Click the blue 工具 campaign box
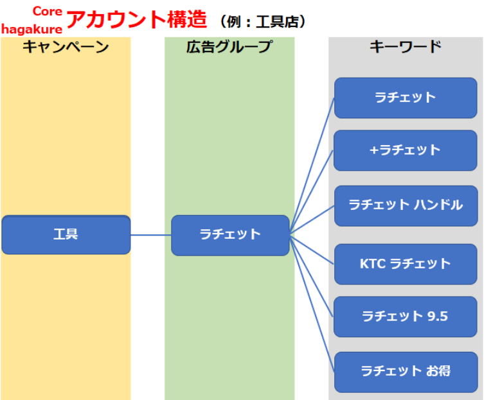(66, 235)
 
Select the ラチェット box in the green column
(230, 235)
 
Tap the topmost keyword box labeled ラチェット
(406, 98)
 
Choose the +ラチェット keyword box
(406, 150)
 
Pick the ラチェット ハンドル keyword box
(406, 205)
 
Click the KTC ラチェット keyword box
(406, 265)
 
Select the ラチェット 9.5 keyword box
(406, 317)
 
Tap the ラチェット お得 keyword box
(406, 372)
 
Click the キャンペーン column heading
(66, 47)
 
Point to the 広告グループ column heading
(229, 47)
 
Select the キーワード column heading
(406, 47)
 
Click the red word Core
(48, 12)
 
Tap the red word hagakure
(31, 30)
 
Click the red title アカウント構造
(137, 19)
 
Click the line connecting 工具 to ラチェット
(151, 235)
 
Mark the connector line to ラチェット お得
(312, 304)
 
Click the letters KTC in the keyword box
(373, 264)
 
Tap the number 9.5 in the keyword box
(437, 317)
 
